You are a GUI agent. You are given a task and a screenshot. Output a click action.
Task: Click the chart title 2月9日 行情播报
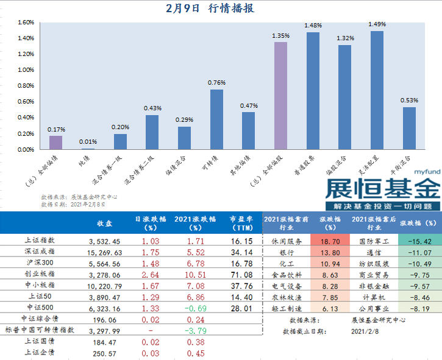click(210, 9)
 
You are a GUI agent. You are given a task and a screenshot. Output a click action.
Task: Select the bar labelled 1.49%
click(377, 90)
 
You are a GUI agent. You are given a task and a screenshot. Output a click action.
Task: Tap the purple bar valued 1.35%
click(281, 96)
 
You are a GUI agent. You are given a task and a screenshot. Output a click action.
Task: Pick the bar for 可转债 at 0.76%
click(216, 119)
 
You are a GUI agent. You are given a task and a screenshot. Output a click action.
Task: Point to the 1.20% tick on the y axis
click(25, 54)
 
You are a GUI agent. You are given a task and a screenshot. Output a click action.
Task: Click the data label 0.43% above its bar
click(152, 108)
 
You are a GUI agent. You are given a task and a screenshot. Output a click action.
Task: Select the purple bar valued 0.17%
click(55, 143)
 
